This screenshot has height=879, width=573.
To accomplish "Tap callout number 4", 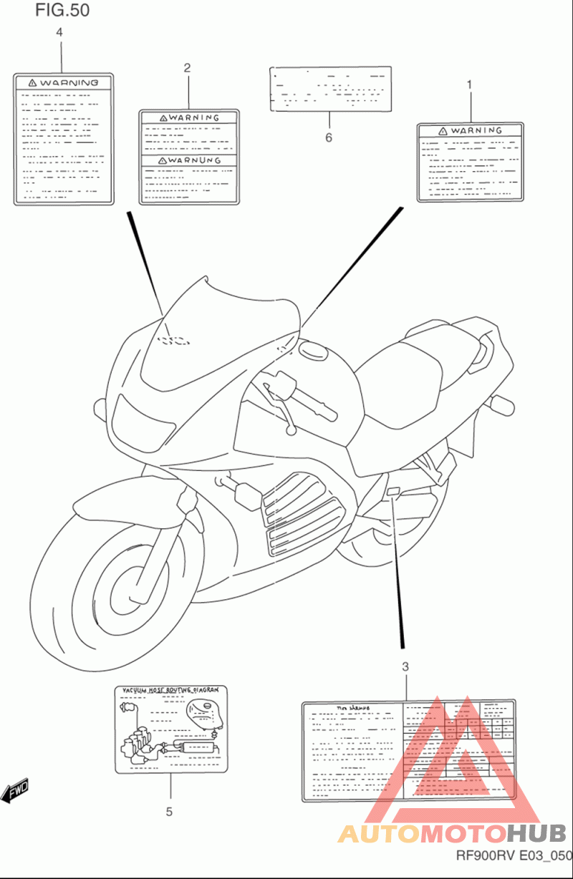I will tap(59, 32).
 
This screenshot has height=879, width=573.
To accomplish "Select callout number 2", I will tap(188, 68).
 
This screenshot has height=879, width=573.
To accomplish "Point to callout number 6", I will tap(329, 137).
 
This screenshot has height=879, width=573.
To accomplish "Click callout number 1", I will tap(470, 84).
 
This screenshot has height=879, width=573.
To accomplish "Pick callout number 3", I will tap(405, 667).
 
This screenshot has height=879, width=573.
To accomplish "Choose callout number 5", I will tap(170, 812).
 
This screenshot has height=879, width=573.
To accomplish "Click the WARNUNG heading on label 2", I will tap(189, 160).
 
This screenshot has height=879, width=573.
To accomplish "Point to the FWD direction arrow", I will tap(16, 790).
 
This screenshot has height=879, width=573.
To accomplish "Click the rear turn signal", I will tap(501, 404).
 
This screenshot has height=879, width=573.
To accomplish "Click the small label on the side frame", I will tap(393, 491).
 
